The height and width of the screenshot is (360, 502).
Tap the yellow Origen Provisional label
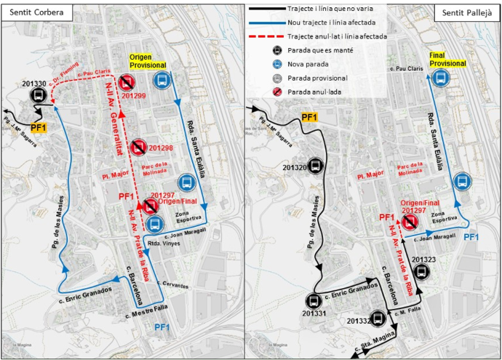[151, 61]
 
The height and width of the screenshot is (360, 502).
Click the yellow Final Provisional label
[447, 59]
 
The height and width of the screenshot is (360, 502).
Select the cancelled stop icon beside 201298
[138, 148]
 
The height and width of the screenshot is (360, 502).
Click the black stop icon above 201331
[314, 300]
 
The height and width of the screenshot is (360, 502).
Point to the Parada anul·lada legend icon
[277, 92]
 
